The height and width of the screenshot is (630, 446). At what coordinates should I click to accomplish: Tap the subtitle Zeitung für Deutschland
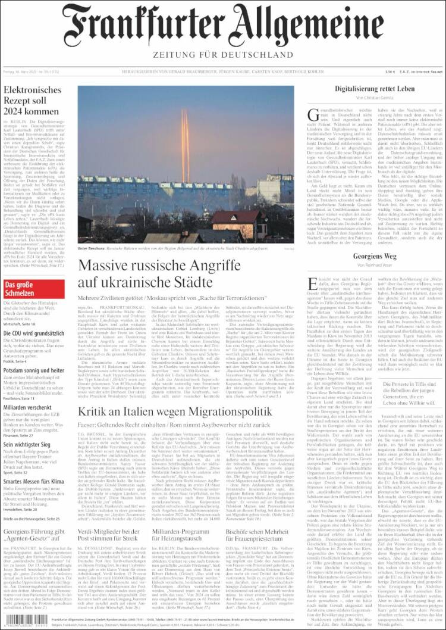coord(223,58)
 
